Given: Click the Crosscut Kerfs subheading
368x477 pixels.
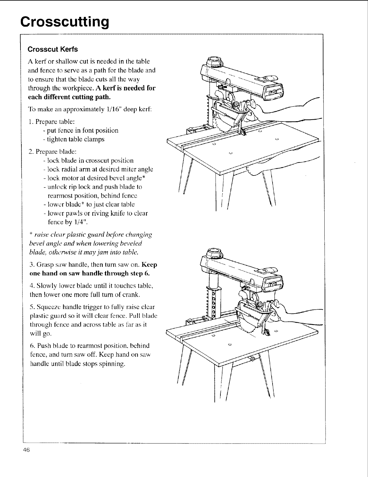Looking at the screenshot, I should point(53,49).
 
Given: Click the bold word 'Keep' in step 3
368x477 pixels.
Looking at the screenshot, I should point(149,265).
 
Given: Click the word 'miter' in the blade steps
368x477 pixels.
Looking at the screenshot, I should point(131,169).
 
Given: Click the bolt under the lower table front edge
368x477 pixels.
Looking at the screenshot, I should point(253,359).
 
